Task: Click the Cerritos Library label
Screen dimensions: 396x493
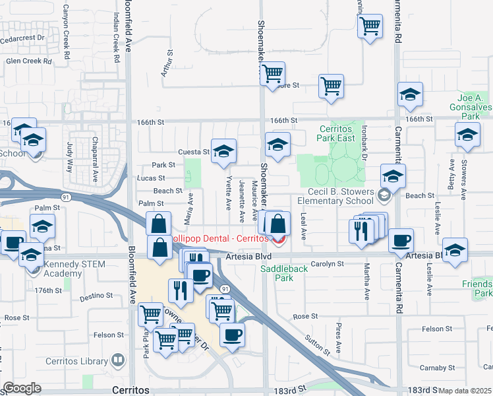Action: (x=76, y=361)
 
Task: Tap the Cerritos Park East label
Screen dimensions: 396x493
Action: (x=341, y=133)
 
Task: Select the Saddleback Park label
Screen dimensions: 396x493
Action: (x=285, y=273)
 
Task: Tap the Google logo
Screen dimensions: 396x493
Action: (x=22, y=388)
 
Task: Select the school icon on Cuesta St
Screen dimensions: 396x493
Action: (x=223, y=151)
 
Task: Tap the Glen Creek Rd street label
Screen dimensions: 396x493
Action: (x=28, y=61)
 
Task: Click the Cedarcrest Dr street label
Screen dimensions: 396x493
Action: (x=22, y=38)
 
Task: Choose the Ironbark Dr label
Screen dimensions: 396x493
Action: (x=363, y=138)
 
